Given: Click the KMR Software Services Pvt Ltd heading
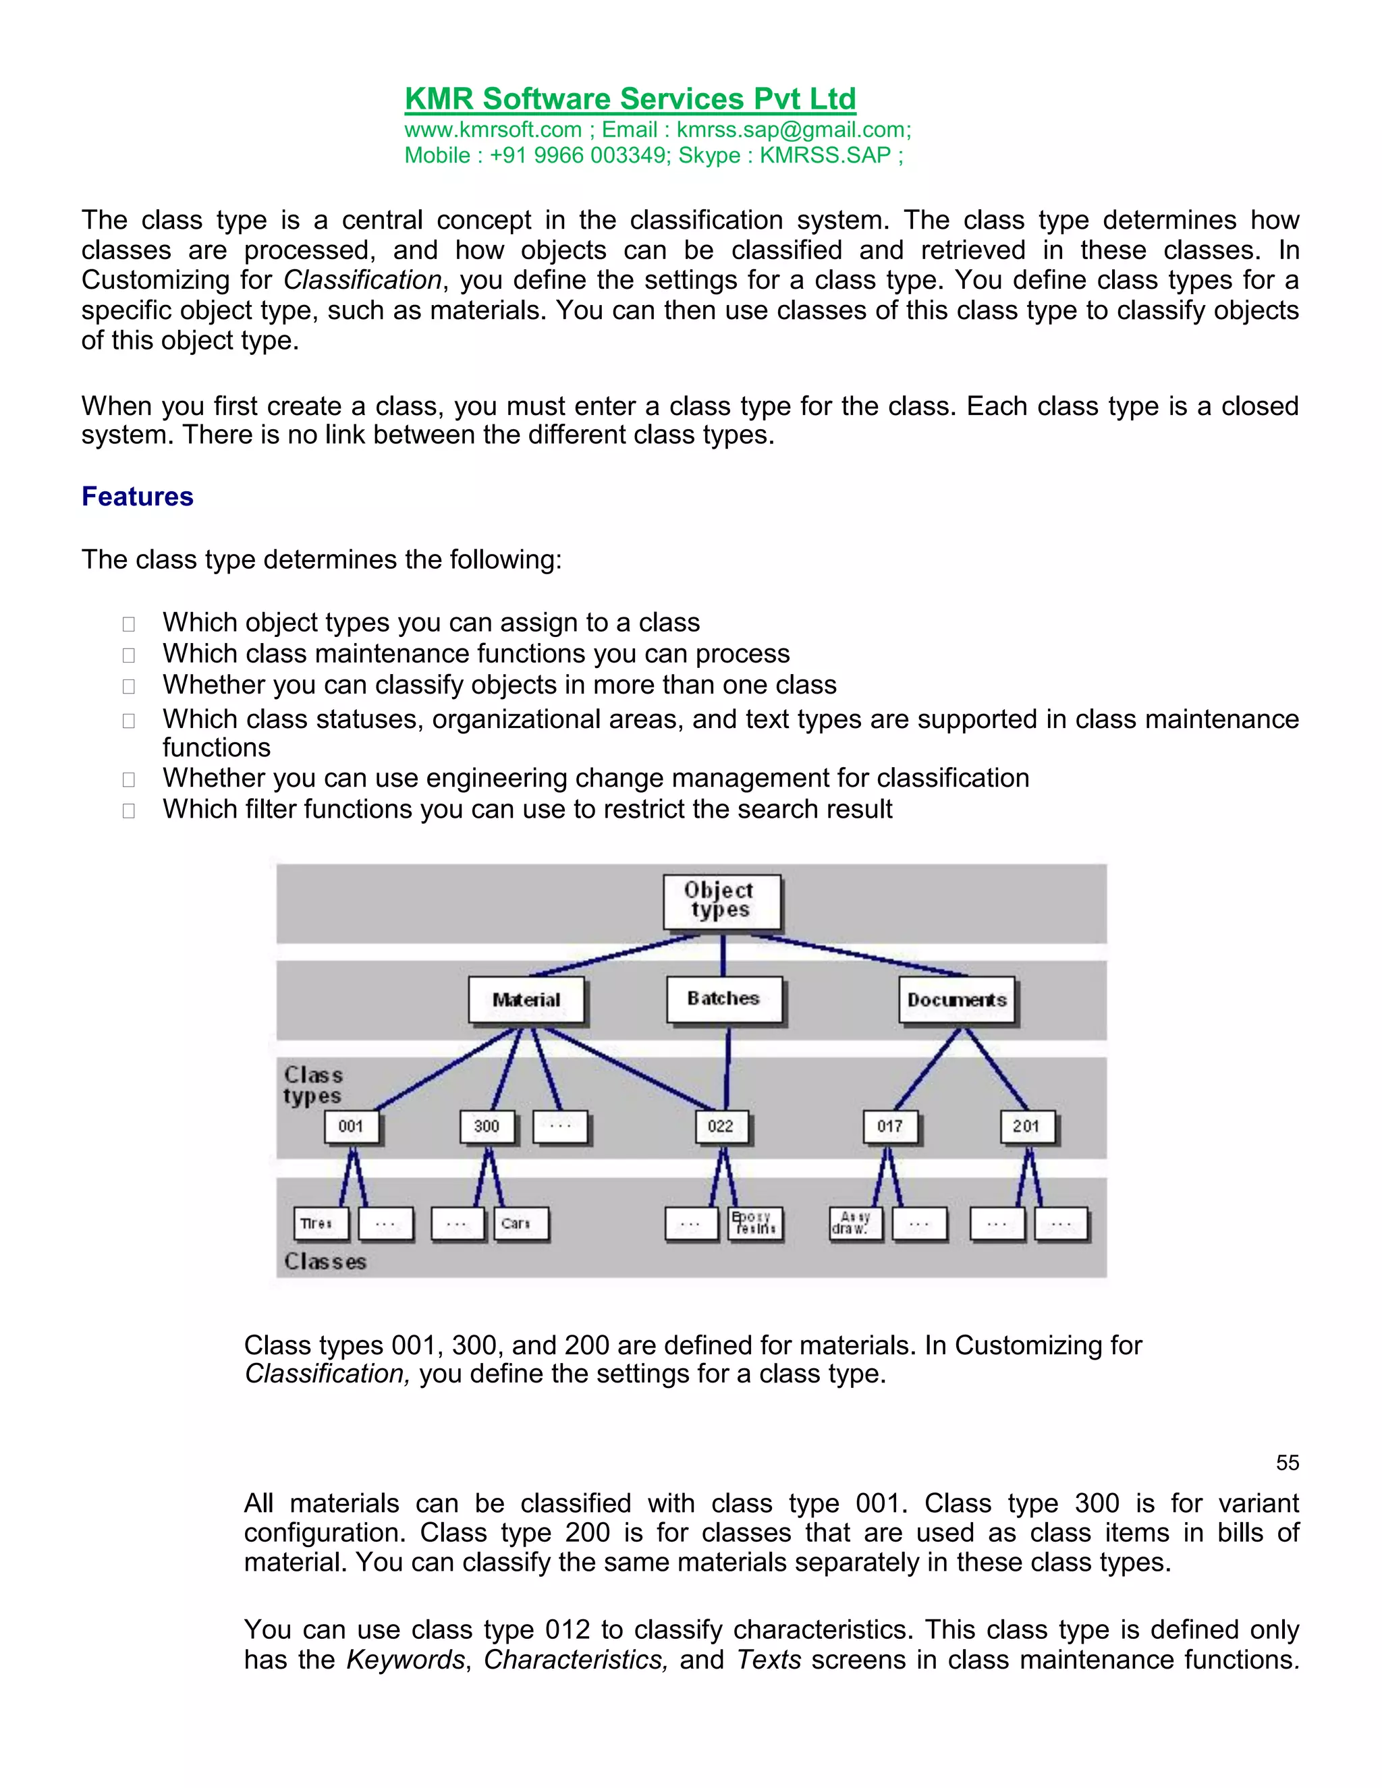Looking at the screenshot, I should [x=630, y=99].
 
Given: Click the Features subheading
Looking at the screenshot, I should [x=138, y=497].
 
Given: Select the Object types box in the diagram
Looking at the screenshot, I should [x=721, y=901].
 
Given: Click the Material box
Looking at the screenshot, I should [x=526, y=1000].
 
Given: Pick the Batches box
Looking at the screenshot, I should [x=724, y=999].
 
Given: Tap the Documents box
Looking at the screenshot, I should [x=956, y=1000].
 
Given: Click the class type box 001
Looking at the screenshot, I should [x=351, y=1127].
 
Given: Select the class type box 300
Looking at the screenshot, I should [x=487, y=1127].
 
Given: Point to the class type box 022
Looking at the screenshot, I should [x=721, y=1127].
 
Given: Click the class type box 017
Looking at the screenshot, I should [x=890, y=1127].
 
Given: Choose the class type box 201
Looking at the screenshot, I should [x=1026, y=1127].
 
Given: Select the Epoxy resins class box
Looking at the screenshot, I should [x=755, y=1223].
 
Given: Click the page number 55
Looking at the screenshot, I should [x=1287, y=1463].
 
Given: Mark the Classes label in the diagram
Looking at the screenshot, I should [x=325, y=1262].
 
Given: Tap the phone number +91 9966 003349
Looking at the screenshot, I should [x=579, y=156].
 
